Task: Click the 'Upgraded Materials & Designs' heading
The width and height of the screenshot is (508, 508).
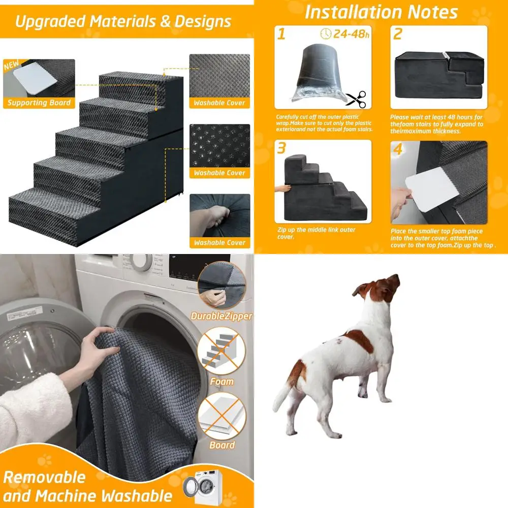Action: [123, 22]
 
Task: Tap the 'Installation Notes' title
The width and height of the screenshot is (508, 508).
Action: [381, 12]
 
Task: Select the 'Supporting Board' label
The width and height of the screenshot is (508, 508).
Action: [39, 103]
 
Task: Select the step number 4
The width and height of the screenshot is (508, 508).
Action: [398, 150]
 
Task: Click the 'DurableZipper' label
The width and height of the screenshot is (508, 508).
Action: [221, 316]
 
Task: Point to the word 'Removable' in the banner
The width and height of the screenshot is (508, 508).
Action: [45, 478]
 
